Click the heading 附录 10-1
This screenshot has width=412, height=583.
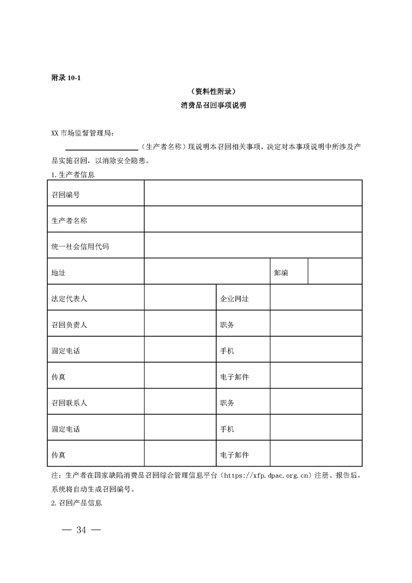pyautogui.click(x=66, y=78)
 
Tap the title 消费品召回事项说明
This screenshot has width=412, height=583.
pyautogui.click(x=206, y=105)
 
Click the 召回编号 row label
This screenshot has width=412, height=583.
pyautogui.click(x=65, y=194)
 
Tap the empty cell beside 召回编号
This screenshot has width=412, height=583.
pyautogui.click(x=253, y=193)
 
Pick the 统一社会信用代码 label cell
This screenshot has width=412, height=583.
pyautogui.click(x=80, y=246)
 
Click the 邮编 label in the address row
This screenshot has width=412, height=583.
pyautogui.click(x=281, y=273)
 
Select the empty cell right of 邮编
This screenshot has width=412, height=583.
pyautogui.click(x=335, y=272)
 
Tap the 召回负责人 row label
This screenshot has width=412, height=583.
pyautogui.click(x=69, y=325)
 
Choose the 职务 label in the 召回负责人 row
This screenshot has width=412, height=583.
pyautogui.click(x=227, y=325)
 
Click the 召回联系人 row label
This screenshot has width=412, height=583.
pyautogui.click(x=69, y=403)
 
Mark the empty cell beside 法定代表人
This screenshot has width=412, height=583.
pyautogui.click(x=180, y=298)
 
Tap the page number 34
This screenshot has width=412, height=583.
pyautogui.click(x=81, y=530)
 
